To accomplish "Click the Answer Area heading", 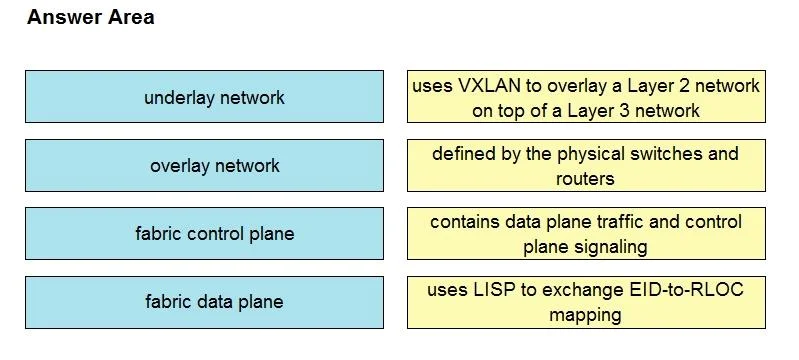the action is point(91,17).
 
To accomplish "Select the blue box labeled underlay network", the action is point(204,96).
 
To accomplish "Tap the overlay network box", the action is point(204,165).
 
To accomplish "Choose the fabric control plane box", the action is point(204,234).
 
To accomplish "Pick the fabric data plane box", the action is point(204,302).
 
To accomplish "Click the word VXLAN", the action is point(490,86).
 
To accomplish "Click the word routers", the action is point(585,179).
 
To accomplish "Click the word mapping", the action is point(585,316).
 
